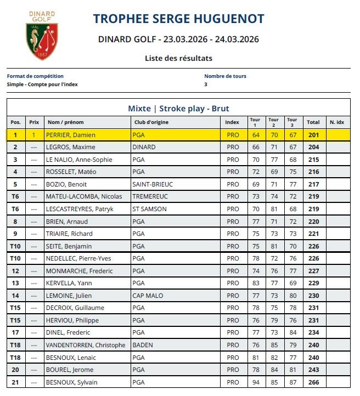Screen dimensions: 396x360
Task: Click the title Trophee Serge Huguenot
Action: coord(178,19)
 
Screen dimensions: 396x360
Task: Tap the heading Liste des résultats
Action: coord(178,58)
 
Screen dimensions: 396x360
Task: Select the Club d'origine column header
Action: coord(150,122)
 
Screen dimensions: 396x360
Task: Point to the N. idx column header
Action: coord(336,122)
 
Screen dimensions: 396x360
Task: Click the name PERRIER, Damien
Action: coord(71,135)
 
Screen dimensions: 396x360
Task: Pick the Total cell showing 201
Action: coord(313,135)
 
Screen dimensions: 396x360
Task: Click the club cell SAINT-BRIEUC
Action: coord(152,184)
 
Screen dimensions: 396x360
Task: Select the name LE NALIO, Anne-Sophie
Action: coord(79,160)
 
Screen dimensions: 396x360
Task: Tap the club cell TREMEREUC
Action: coord(150,196)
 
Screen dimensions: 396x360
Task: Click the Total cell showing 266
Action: coord(313,382)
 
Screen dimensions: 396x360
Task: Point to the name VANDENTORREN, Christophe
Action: coord(86,345)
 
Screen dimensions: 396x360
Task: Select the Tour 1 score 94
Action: coord(256,382)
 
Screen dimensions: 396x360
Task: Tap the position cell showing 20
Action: coord(15,370)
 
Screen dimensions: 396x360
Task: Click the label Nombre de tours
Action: coord(225,76)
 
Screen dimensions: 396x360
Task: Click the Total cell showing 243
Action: coord(313,370)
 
